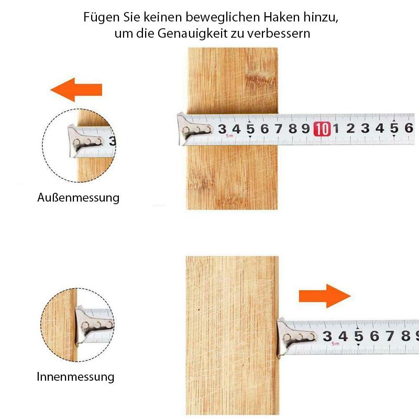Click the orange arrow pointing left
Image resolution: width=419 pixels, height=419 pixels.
(x=76, y=90)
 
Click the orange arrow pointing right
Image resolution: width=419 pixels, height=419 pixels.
(x=325, y=296)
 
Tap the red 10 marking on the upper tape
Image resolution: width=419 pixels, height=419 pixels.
(x=322, y=129)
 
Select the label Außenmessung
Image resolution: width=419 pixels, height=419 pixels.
(x=78, y=198)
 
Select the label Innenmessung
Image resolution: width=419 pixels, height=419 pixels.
(x=75, y=377)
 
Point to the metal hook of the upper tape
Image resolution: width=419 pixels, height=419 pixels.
(x=194, y=129)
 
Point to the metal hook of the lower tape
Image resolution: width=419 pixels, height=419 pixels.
(x=295, y=337)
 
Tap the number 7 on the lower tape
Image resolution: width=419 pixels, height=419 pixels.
(x=390, y=336)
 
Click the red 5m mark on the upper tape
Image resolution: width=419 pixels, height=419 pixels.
(x=229, y=136)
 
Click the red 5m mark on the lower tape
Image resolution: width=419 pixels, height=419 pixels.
(x=336, y=344)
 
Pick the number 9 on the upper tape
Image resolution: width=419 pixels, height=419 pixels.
(x=306, y=129)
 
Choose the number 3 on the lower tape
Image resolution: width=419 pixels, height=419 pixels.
(x=327, y=336)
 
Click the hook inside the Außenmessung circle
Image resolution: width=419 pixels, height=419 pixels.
(x=85, y=141)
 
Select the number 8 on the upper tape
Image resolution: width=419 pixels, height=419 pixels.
(x=293, y=129)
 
